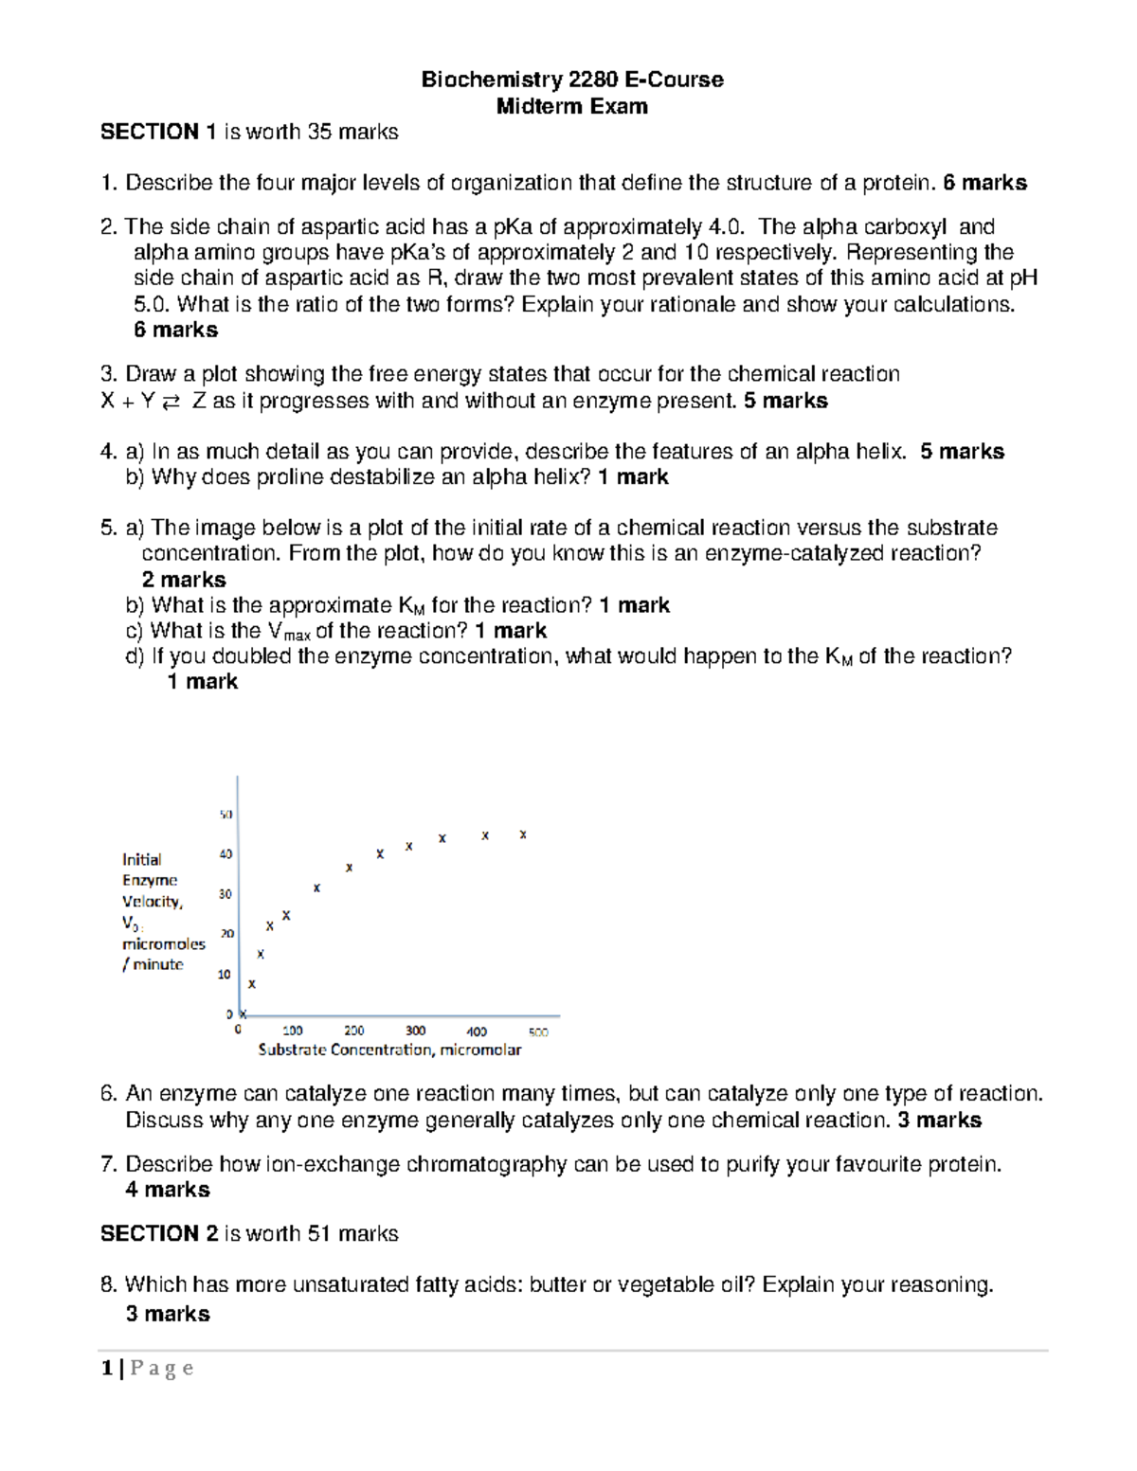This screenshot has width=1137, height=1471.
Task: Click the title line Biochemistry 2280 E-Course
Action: point(571,80)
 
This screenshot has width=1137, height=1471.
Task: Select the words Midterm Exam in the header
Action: point(571,106)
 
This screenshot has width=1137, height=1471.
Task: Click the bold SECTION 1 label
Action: point(150,132)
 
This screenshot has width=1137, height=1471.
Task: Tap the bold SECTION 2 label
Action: point(150,1233)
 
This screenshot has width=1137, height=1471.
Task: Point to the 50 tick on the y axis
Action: point(226,815)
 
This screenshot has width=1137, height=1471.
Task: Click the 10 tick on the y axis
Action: point(225,974)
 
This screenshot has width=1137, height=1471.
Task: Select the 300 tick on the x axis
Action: point(415,1031)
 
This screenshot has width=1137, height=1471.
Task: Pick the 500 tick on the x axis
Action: point(538,1031)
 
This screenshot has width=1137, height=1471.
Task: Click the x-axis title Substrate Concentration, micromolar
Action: point(389,1049)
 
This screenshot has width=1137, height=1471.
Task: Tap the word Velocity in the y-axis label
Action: point(151,902)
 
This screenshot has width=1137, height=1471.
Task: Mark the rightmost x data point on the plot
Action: point(523,834)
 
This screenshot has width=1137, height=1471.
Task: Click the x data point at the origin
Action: point(243,1014)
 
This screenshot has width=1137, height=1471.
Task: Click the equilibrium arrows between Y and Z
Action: point(171,402)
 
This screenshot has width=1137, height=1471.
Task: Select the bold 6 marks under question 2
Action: point(175,330)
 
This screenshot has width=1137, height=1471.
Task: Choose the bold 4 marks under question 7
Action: point(168,1190)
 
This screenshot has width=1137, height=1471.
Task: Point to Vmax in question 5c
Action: point(289,632)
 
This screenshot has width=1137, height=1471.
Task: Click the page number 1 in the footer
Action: point(107,1368)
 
